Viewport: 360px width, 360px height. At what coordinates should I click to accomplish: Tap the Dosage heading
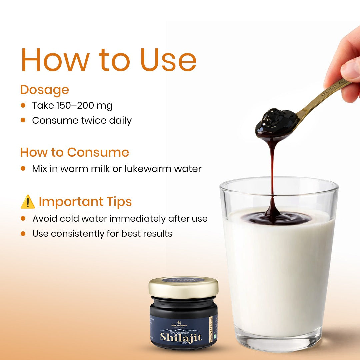pyautogui.click(x=45, y=90)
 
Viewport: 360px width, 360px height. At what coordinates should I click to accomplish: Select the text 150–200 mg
pyautogui.click(x=83, y=106)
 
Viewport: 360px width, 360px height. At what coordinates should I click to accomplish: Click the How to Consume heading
pyautogui.click(x=74, y=152)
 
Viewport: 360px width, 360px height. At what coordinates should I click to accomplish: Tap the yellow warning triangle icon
pyautogui.click(x=28, y=202)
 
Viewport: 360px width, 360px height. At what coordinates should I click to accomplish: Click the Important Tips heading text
pyautogui.click(x=85, y=202)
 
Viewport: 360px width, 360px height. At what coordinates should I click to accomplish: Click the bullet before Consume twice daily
pyautogui.click(x=23, y=120)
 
